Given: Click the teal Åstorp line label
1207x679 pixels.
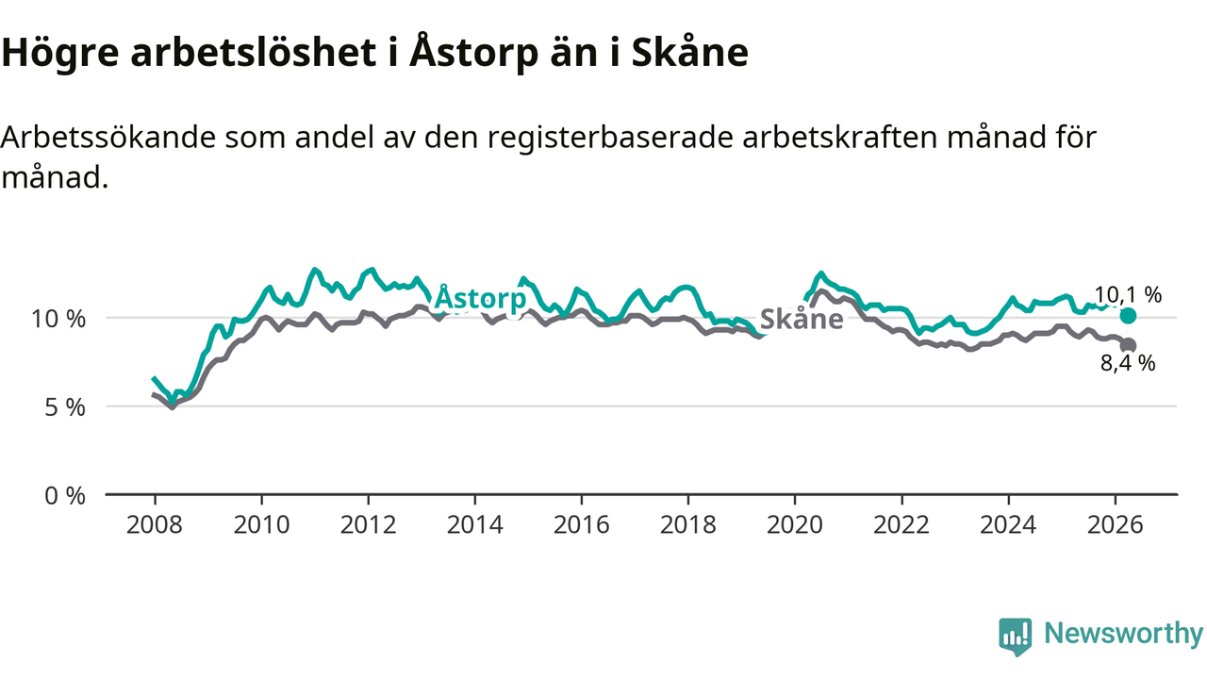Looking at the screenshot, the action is [480, 297].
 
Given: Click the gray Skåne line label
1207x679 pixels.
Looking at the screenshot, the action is [802, 319].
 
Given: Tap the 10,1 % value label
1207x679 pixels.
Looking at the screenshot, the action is [1128, 295].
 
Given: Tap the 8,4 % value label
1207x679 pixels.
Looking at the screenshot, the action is [1128, 363].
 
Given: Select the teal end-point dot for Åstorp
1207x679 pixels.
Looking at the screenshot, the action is [1128, 316].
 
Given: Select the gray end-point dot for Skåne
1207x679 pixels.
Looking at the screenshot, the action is [1129, 345].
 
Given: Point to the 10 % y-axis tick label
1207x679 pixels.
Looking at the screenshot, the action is [58, 319].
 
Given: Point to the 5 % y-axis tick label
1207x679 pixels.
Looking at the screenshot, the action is [65, 407].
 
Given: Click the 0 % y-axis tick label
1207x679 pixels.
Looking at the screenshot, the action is [65, 496].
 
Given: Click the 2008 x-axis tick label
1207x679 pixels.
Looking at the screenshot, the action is [155, 524].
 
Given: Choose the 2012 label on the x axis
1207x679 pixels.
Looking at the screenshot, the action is [368, 524].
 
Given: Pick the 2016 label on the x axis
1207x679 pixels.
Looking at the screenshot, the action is [582, 524].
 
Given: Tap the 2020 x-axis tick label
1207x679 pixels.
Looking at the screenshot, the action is [795, 524].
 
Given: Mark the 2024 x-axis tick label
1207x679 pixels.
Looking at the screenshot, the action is [1008, 524].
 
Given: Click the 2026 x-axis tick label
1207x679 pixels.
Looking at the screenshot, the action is [1115, 524].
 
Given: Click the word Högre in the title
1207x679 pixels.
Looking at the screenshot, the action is [59, 54].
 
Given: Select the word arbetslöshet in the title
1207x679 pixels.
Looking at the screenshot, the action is [254, 52].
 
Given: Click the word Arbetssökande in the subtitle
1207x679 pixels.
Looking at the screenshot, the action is [108, 137].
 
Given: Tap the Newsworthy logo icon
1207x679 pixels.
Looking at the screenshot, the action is [1016, 637].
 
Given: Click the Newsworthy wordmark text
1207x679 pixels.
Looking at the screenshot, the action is [1124, 633].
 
